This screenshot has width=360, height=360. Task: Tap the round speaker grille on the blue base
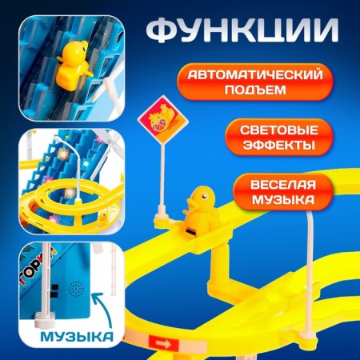coord(75,290)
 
